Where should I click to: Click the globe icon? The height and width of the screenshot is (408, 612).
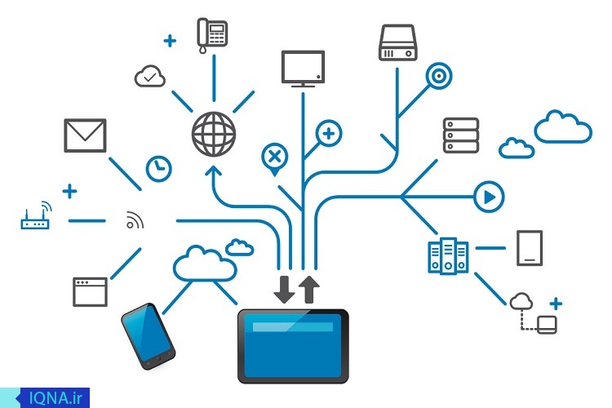coord(214,135)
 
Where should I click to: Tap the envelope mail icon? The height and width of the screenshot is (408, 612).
coord(85,135)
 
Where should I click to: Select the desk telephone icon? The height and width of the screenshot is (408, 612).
coord(212,35)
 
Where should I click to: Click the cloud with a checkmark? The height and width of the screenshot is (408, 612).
coord(150,76)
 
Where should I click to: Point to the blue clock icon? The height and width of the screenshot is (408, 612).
coord(159,169)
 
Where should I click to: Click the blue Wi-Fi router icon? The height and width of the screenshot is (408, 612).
coord(36,216)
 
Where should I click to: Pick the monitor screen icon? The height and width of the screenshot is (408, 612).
coord(303,68)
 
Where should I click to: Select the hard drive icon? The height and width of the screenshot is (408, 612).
coord(397,42)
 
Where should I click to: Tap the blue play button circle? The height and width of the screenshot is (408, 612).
coord(489,197)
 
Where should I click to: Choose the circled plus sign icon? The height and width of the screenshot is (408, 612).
coord(329,134)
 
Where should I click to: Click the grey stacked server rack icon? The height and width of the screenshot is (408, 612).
coord(461,135)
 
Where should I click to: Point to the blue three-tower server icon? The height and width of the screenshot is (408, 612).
coord(448,255)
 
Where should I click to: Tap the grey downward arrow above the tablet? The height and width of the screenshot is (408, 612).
coord(284,290)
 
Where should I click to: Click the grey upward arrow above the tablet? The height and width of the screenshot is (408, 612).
coord(309,290)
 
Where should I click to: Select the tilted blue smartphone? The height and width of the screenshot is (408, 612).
coord(149,336)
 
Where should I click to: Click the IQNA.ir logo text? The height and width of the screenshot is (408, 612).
coord(55,398)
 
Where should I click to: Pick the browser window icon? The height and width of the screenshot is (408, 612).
coord(90,292)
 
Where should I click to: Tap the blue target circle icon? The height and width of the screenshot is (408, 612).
coord(439,76)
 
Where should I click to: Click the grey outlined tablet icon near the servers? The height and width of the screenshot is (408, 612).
coord(530,248)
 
